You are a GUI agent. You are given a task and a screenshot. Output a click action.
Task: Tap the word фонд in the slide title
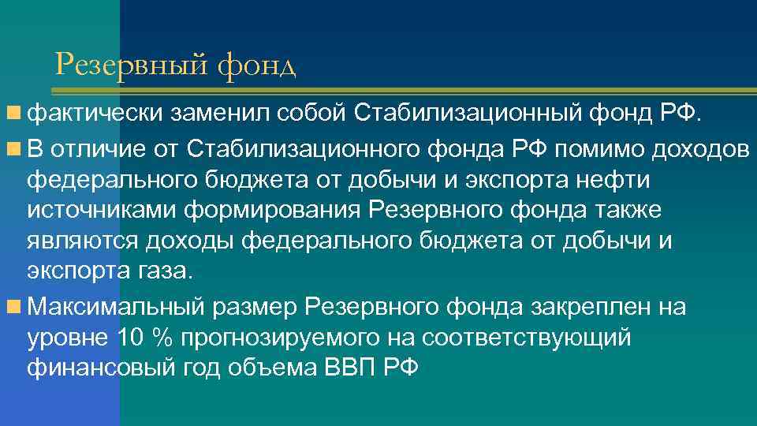[255, 65]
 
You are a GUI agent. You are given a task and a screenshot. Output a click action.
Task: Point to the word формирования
[269, 211]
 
